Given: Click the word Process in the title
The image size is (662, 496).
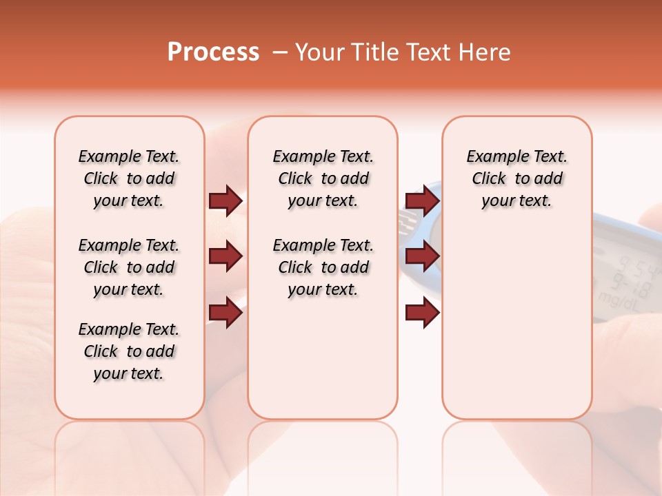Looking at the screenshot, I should coord(213,52).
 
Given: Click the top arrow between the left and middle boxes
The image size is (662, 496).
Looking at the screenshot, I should coord(225,200).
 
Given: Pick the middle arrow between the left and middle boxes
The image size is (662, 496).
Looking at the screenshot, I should coord(225,257).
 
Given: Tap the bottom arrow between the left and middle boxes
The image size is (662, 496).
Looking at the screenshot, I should coord(225,313).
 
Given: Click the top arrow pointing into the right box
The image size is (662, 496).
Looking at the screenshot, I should coord(422,200).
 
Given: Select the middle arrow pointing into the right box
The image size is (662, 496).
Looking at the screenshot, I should coord(422,257).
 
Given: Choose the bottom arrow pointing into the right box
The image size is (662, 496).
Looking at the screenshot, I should coord(422,313).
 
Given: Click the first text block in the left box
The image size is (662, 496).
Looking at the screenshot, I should coord(129,178).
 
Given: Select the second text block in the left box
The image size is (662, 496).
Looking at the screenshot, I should coord(129,267).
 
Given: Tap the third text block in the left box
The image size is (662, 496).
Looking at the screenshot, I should coord(129,351).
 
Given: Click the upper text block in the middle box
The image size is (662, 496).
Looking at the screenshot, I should coord(323,178).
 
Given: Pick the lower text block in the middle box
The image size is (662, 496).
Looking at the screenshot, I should coord(323,267).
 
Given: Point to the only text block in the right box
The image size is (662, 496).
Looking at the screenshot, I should coord(516,178).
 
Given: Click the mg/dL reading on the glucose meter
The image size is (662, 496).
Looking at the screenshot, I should coord(619,300).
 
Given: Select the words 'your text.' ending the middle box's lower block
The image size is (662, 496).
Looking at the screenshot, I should coord(323,290).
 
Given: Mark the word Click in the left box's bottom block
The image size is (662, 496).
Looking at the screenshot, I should coord(101,351).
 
